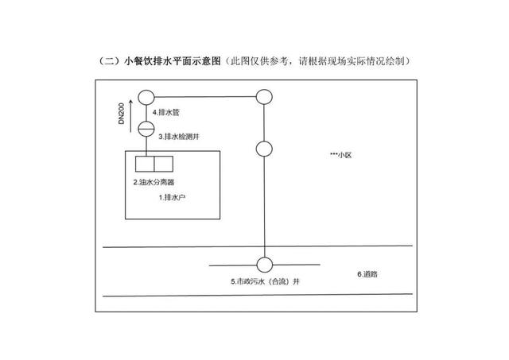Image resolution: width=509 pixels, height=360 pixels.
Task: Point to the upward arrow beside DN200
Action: tap(130, 106)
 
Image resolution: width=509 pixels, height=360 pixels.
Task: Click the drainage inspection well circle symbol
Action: tap(146, 128)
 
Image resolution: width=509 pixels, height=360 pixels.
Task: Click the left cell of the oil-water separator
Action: tap(145, 165)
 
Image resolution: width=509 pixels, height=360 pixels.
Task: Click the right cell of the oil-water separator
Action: tap(162, 165)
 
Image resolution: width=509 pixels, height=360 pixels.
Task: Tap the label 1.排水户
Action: tap(171, 196)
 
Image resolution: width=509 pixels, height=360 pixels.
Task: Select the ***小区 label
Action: tap(340, 155)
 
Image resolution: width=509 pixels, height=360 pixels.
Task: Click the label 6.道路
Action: tap(367, 274)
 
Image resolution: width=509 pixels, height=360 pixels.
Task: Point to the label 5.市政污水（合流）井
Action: tap(263, 281)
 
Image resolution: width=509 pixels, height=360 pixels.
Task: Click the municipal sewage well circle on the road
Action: tap(265, 264)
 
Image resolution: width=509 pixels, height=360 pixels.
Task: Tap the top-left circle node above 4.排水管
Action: tap(146, 97)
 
